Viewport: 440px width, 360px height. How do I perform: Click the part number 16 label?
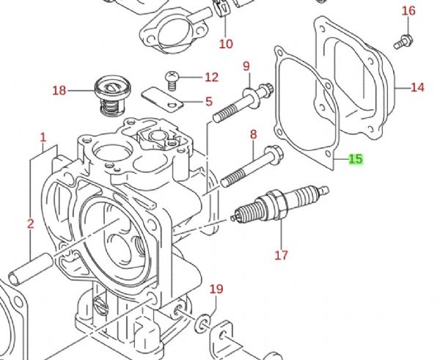[x=408, y=10]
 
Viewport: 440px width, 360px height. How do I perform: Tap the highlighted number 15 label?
[x=356, y=158]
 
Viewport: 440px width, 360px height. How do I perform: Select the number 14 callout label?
[x=417, y=88]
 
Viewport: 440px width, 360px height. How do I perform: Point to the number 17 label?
[x=282, y=256]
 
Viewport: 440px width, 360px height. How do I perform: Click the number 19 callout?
[x=216, y=289]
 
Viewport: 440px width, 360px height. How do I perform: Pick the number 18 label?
[x=59, y=91]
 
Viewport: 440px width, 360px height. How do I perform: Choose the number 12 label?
[x=211, y=77]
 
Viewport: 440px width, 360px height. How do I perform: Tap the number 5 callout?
[x=209, y=102]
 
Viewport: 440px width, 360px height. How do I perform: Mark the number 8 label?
[x=254, y=134]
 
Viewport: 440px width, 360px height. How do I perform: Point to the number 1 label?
[x=43, y=136]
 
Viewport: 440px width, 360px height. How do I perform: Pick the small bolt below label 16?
[x=400, y=41]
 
